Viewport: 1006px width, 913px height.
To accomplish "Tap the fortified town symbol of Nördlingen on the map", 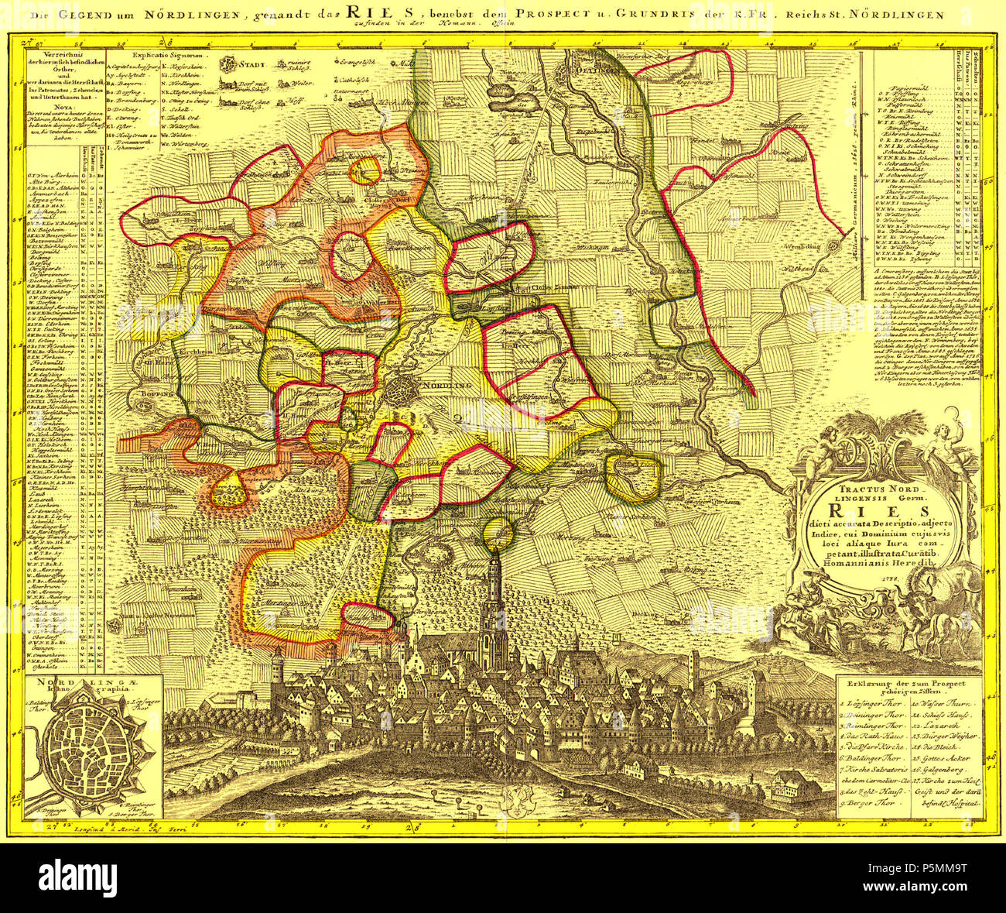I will pyautogui.click(x=402, y=390).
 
